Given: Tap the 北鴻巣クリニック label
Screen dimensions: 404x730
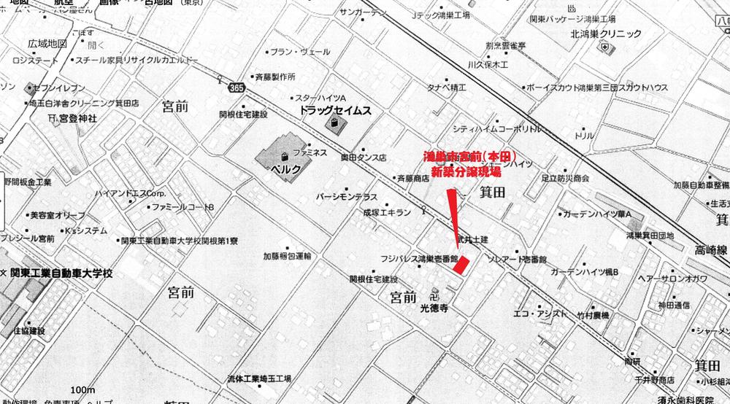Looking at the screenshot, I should pos(606,34).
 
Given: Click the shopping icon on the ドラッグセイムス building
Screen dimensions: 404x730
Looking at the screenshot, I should pos(335,125).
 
